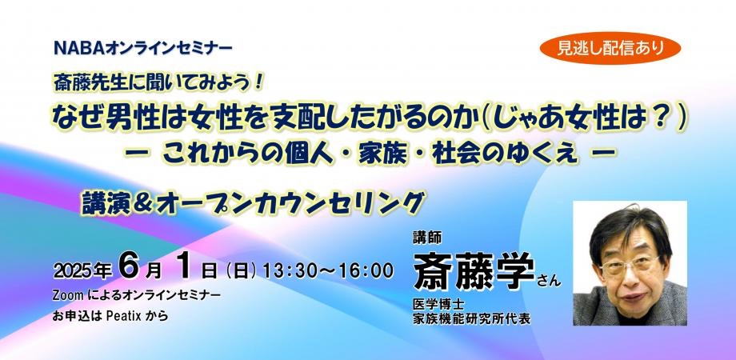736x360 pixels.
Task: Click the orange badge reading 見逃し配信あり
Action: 610,48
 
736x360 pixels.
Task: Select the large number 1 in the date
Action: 184,266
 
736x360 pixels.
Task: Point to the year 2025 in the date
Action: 74,271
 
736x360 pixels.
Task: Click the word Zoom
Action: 68,296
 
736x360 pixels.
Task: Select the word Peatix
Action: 124,316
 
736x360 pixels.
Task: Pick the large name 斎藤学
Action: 474,271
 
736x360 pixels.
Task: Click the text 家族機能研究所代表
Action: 471,319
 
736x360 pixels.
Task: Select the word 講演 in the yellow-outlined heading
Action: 103,204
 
